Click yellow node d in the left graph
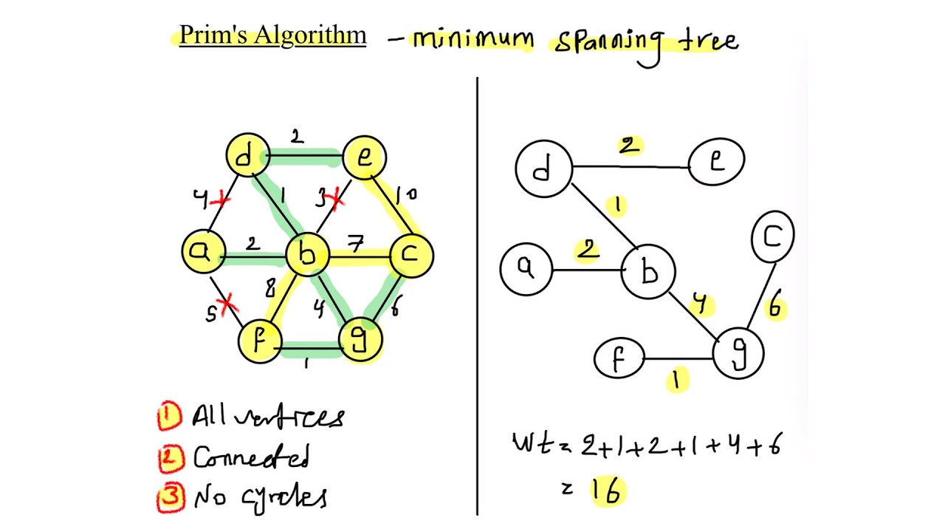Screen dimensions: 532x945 pyautogui.click(x=246, y=156)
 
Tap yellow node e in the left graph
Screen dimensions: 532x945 pyautogui.click(x=365, y=157)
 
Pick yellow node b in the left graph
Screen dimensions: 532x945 pyautogui.click(x=306, y=255)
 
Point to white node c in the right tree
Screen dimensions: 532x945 pyautogui.click(x=772, y=236)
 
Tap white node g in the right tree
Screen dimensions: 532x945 pyautogui.click(x=738, y=354)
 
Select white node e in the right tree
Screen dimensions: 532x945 pyautogui.click(x=716, y=162)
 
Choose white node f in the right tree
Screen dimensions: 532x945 pyautogui.click(x=619, y=359)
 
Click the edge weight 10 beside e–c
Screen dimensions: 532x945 pyautogui.click(x=405, y=195)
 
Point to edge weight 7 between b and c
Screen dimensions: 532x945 pyautogui.click(x=357, y=245)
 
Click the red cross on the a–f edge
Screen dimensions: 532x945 pyautogui.click(x=229, y=303)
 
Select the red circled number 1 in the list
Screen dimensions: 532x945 pyautogui.click(x=169, y=416)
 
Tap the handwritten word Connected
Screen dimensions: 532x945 pyautogui.click(x=251, y=457)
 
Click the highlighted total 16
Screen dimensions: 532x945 pyautogui.click(x=607, y=491)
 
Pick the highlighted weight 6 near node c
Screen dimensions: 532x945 pyautogui.click(x=774, y=306)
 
